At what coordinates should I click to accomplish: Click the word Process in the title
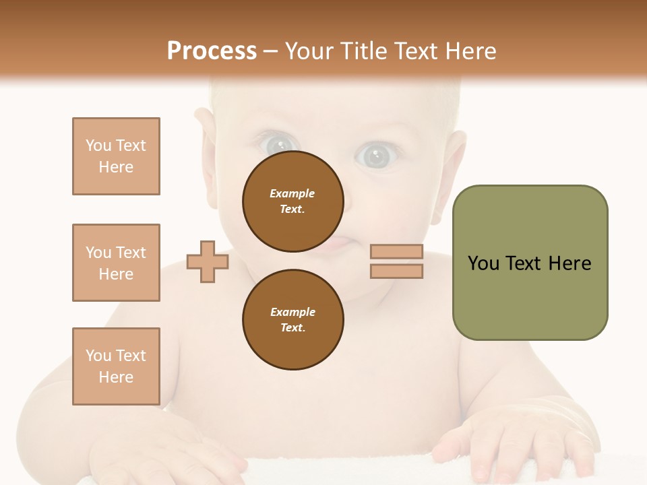pos(212,51)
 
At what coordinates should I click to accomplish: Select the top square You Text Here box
pos(116,156)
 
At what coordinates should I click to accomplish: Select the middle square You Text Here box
pos(116,263)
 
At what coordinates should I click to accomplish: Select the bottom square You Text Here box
pos(116,366)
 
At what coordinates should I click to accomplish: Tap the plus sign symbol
pos(208,261)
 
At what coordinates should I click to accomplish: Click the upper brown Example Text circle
pos(292,201)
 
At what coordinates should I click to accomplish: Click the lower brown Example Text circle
pos(292,320)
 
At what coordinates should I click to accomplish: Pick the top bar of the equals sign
pos(396,252)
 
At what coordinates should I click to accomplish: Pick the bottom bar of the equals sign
pos(396,271)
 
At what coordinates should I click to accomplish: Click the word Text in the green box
pos(523,263)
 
